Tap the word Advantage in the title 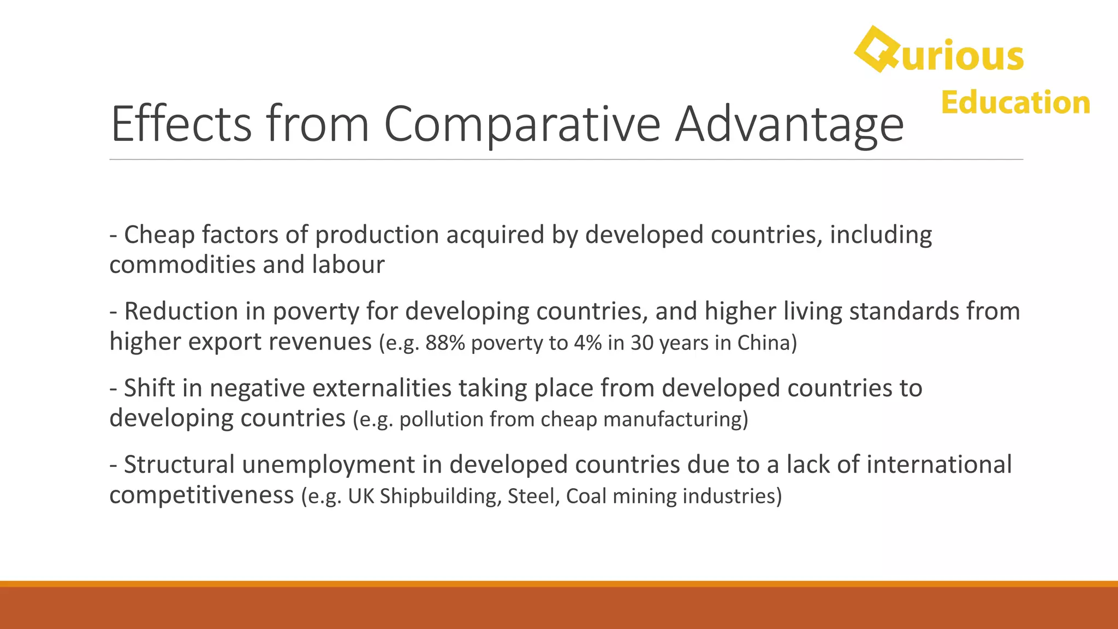(x=789, y=124)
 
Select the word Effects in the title (x=181, y=124)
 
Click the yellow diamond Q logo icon (x=876, y=49)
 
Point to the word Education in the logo (x=1015, y=103)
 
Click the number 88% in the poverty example (x=445, y=343)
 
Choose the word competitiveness (x=201, y=495)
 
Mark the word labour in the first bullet (x=348, y=265)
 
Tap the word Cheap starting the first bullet (x=159, y=235)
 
